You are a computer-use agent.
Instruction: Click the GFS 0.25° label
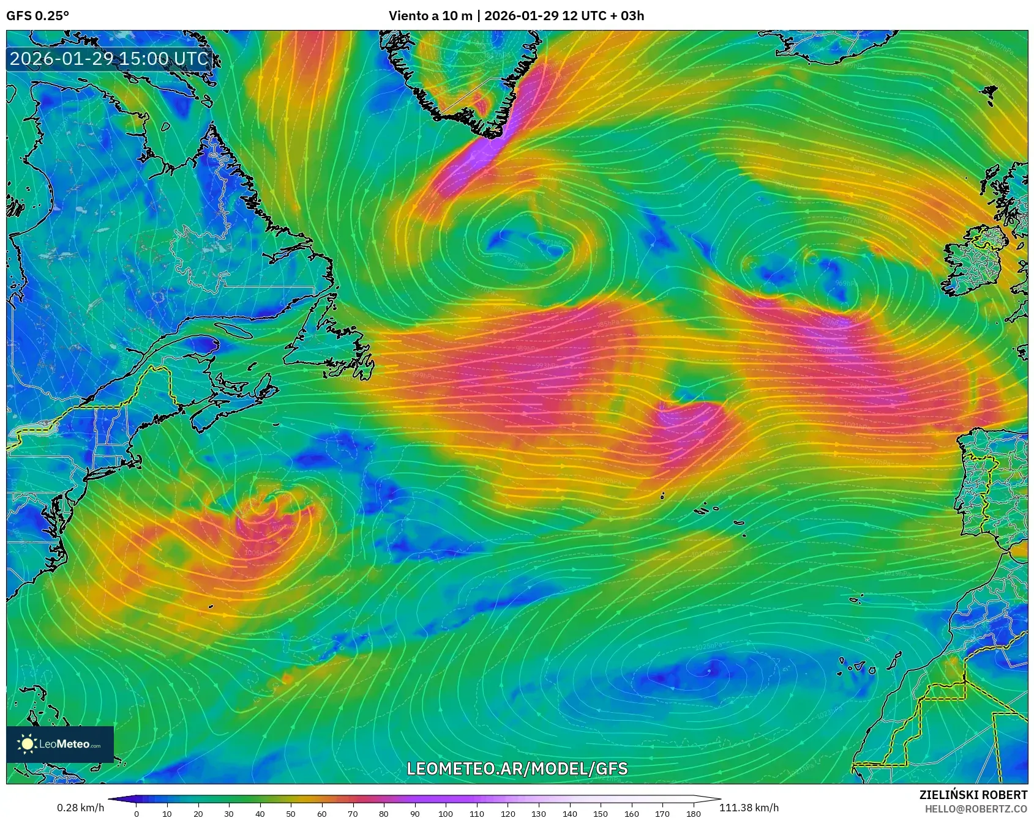click(37, 16)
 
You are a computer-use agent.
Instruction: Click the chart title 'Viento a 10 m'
click(430, 16)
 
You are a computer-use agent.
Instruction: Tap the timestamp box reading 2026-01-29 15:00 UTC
click(109, 59)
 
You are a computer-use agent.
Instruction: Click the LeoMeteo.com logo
click(60, 744)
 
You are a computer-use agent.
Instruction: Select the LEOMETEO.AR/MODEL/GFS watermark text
click(517, 768)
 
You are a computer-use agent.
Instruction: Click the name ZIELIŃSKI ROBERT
click(973, 795)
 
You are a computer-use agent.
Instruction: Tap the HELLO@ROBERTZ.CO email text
click(976, 809)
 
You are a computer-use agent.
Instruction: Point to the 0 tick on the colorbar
click(137, 814)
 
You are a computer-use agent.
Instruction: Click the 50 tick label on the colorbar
click(291, 814)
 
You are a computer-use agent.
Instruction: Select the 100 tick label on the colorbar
click(446, 814)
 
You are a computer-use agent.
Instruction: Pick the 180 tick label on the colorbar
click(693, 814)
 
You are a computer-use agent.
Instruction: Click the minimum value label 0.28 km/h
click(80, 808)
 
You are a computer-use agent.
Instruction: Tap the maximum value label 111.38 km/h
click(749, 808)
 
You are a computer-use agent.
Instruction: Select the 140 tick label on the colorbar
click(569, 814)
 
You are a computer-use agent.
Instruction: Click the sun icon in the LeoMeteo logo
click(27, 744)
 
